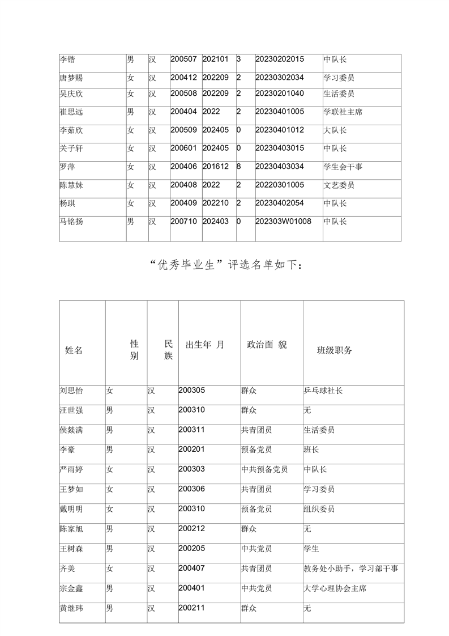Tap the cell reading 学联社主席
click(x=343, y=112)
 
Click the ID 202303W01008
click(x=283, y=221)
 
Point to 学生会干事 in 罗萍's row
click(x=343, y=167)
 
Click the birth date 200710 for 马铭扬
click(x=183, y=221)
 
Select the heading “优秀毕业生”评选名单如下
click(x=227, y=266)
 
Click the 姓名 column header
click(x=74, y=350)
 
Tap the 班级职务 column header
click(x=334, y=350)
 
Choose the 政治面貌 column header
click(x=267, y=345)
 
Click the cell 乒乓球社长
click(x=323, y=391)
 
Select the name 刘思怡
click(x=71, y=391)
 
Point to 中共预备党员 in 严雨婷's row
click(x=264, y=469)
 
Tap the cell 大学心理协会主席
click(x=335, y=588)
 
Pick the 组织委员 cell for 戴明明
click(x=319, y=509)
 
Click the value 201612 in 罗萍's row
click(x=215, y=167)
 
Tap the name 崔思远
click(x=71, y=112)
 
